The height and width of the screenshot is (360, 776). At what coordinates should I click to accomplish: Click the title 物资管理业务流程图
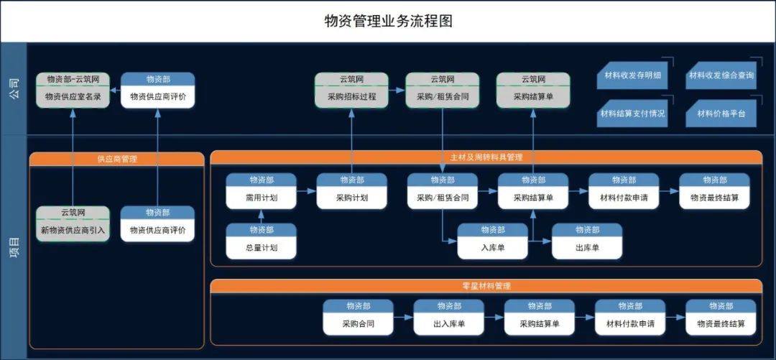[x=388, y=21]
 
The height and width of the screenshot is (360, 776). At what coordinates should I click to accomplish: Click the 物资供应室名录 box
[x=73, y=96]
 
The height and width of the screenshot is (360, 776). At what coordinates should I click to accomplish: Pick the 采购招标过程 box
[x=351, y=96]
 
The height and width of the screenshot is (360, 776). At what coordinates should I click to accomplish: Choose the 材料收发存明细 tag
[x=632, y=75]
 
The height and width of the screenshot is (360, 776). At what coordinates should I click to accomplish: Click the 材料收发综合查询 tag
[x=721, y=75]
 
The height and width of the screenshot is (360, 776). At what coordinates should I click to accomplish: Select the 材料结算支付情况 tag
[x=632, y=114]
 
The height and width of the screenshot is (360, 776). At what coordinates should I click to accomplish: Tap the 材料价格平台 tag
[x=721, y=114]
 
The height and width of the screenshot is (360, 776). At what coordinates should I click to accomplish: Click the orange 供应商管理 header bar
[x=116, y=159]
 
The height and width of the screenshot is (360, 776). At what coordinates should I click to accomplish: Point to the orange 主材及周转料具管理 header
[x=486, y=157]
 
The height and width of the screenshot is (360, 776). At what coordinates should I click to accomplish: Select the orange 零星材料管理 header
[x=486, y=286]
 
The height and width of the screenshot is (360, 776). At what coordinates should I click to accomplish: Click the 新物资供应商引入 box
[x=73, y=230]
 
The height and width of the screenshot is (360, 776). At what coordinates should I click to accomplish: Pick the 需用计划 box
[x=261, y=198]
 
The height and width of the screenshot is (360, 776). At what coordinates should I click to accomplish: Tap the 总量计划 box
[x=261, y=248]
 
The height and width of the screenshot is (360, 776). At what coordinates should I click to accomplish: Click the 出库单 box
[x=586, y=248]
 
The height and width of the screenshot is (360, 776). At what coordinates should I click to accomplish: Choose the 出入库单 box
[x=448, y=324]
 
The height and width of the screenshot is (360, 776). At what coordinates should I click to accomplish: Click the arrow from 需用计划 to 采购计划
[x=306, y=191]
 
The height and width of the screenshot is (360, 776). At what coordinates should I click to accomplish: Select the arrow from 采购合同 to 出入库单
[x=403, y=317]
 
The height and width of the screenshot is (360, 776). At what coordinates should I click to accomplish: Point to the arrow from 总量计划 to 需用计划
[x=261, y=216]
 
